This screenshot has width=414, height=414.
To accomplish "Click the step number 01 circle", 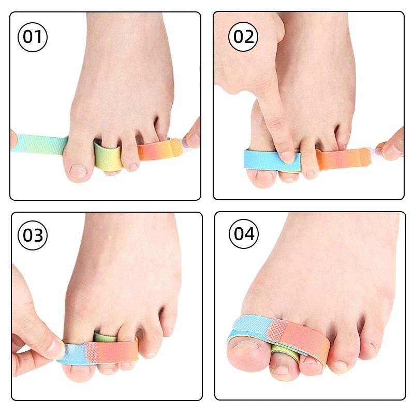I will (33, 38).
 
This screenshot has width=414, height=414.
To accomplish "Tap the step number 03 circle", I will (33, 235).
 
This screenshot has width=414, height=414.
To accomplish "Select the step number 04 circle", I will (244, 234).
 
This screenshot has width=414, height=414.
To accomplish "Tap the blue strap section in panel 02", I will (261, 159).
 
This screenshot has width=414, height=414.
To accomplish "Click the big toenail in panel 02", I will (264, 176).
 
